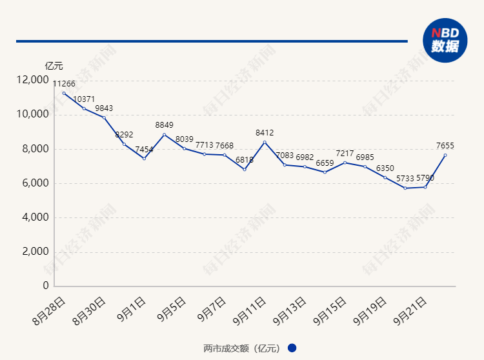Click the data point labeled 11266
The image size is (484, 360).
[x=64, y=93]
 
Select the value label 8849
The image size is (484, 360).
[x=164, y=125]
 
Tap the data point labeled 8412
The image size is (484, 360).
[x=265, y=142]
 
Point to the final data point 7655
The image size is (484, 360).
[x=445, y=155]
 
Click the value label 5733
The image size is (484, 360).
[x=405, y=178]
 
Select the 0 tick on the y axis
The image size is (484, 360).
[x=46, y=286]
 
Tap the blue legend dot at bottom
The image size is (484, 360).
[x=292, y=348]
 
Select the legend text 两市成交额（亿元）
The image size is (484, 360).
[x=241, y=348]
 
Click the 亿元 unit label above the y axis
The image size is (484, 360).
[x=54, y=65]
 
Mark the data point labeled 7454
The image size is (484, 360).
[x=144, y=158]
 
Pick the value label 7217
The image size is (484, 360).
[x=345, y=154]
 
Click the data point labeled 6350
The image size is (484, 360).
[x=385, y=177]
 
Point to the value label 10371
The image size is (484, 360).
[x=84, y=99]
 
